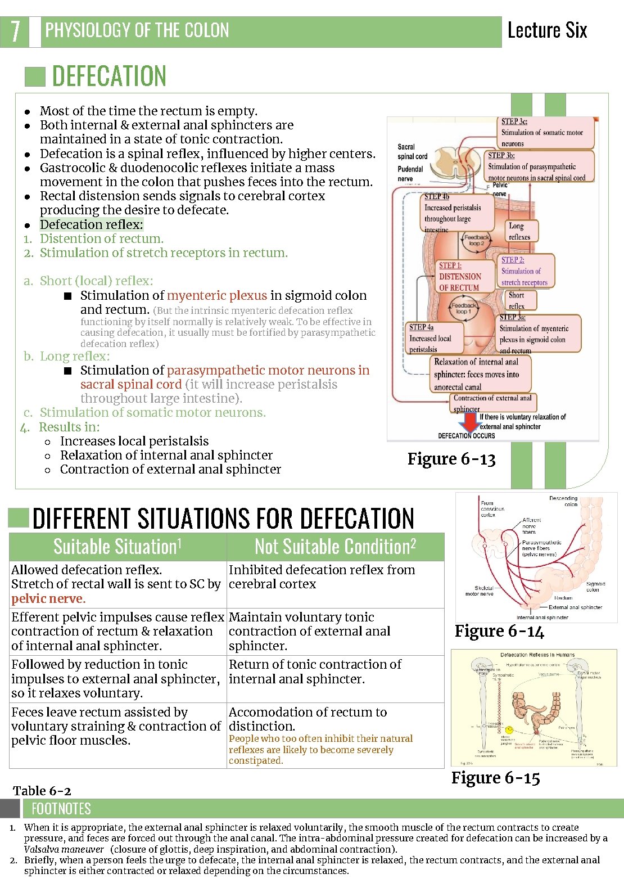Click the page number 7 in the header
point(15,31)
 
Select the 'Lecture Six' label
point(546,30)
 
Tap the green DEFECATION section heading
point(109,76)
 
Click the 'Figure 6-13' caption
point(451,459)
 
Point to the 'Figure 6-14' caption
point(499,631)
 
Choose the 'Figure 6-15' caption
point(495,778)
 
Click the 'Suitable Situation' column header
point(117,547)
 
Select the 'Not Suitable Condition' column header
point(335,547)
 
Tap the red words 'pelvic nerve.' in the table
point(48,598)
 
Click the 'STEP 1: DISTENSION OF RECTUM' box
point(460,276)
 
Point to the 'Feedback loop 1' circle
point(463,308)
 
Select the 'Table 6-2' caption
point(42,790)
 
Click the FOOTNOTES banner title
point(61,809)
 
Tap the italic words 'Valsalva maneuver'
point(64,849)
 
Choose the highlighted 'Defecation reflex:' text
point(91,224)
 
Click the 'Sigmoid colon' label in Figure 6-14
point(595,587)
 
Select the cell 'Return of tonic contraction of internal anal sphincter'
point(315,672)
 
